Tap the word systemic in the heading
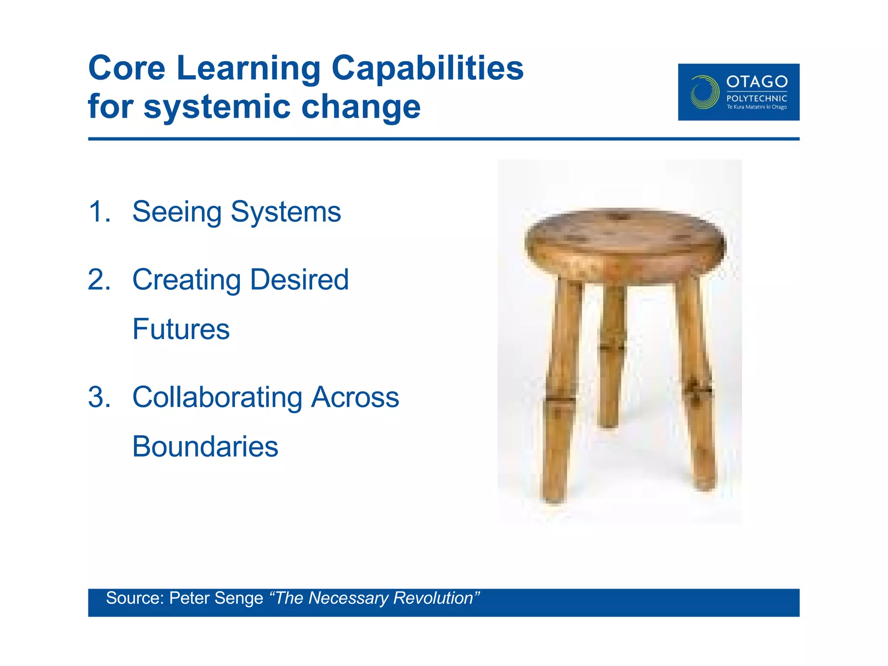coord(217,107)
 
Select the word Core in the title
coord(127,69)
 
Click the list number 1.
coord(99,212)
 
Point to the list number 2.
coord(99,280)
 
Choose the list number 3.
coord(99,397)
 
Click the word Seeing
coord(177,212)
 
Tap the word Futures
coord(181,329)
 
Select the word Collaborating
coord(217,397)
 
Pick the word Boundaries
coord(205,447)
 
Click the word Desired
coord(299,280)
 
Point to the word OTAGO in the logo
coord(757,82)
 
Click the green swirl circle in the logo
coord(704,92)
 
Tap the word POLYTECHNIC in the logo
coord(757,98)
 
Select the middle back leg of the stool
coord(611,356)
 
